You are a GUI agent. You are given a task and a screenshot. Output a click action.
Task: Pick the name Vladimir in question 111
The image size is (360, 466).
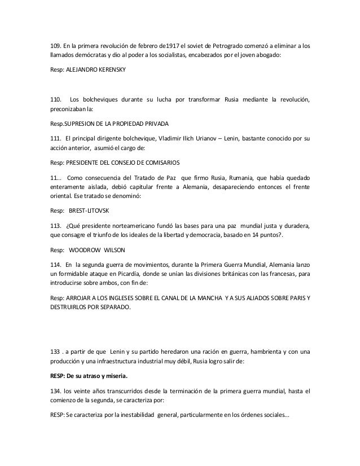175,139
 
